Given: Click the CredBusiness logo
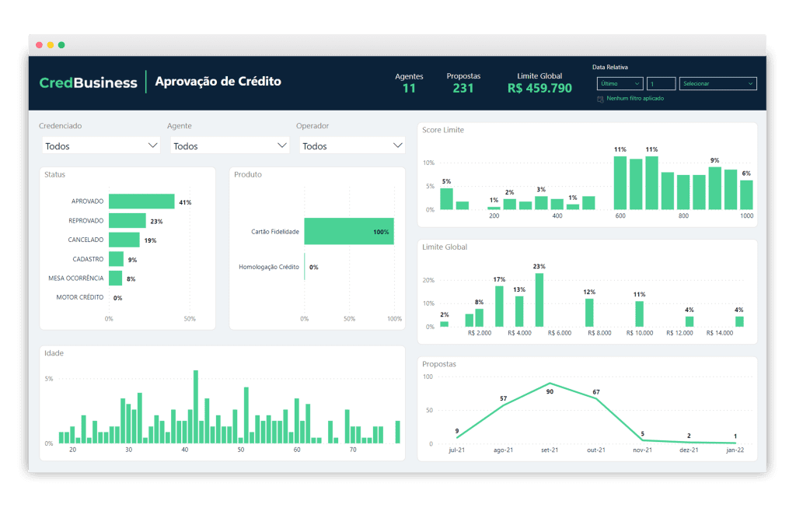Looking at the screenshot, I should pyautogui.click(x=88, y=82).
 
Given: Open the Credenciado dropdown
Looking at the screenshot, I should pyautogui.click(x=100, y=145).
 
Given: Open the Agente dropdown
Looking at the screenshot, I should pyautogui.click(x=229, y=145).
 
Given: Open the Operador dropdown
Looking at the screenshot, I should pyautogui.click(x=352, y=145).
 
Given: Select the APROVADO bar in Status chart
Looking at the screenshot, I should pyautogui.click(x=141, y=201).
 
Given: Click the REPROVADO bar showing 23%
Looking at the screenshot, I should pyautogui.click(x=127, y=221).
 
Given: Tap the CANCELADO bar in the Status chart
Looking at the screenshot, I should pyautogui.click(x=124, y=240).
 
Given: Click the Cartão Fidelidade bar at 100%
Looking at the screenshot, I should pyautogui.click(x=348, y=231).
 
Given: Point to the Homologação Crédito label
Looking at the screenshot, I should pyautogui.click(x=268, y=267).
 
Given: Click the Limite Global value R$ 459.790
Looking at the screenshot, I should pyautogui.click(x=539, y=89).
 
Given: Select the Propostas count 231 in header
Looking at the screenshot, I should pyautogui.click(x=463, y=89).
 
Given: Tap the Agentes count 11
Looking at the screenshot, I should pyautogui.click(x=409, y=89).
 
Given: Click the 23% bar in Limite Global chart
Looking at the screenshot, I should pyautogui.click(x=539, y=300).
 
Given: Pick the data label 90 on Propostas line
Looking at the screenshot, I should pyautogui.click(x=550, y=392).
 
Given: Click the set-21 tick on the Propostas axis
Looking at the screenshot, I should pyautogui.click(x=550, y=450).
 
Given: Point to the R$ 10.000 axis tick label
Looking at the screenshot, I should pyautogui.click(x=640, y=333).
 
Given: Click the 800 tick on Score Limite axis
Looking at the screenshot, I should pyautogui.click(x=683, y=215).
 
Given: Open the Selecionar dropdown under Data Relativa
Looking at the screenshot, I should pyautogui.click(x=717, y=84).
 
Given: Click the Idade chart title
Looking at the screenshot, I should pyautogui.click(x=54, y=353).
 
